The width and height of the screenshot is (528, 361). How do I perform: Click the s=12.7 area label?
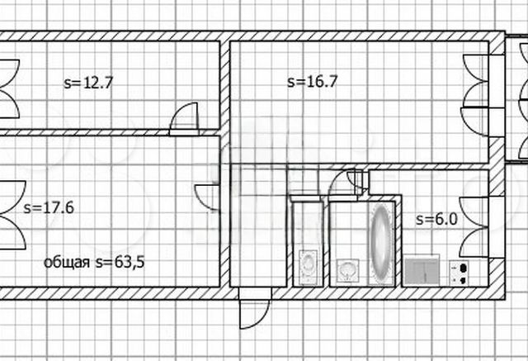coord(88,83)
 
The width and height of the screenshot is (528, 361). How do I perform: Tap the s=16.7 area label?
coord(312,82)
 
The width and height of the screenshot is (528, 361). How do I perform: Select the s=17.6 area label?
coord(49,207)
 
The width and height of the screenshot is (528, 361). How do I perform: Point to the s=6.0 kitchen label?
coord(436,220)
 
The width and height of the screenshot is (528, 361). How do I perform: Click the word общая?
coord(67,262)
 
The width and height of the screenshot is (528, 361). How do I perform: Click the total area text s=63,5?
coord(120,262)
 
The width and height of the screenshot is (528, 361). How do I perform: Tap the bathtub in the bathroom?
coord(381,244)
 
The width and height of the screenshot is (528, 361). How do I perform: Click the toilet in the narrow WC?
coord(308,267)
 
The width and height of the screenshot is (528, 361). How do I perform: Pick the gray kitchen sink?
coord(422,271)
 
